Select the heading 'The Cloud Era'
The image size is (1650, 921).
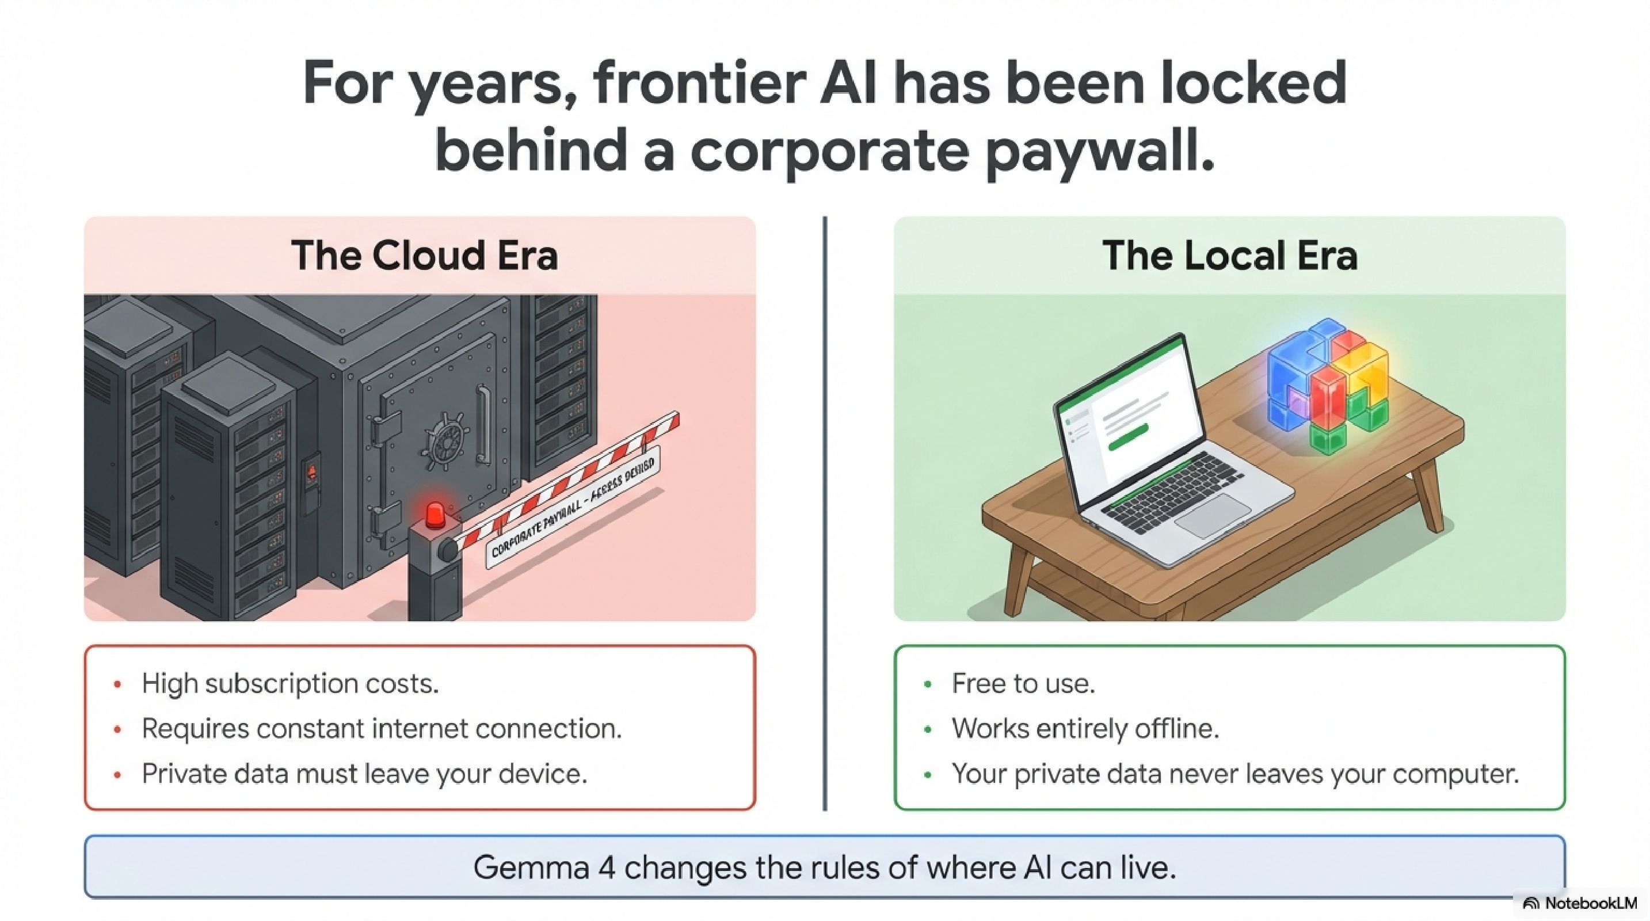pos(424,255)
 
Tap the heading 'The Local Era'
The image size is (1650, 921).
pos(1229,255)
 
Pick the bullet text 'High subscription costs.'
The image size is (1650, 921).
pos(290,683)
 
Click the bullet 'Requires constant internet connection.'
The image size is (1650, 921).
pos(382,728)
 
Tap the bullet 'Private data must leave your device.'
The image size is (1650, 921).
pos(364,774)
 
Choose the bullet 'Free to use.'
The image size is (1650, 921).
pos(1023,683)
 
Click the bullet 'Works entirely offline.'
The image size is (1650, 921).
pos(1085,728)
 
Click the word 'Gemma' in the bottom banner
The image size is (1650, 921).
pos(531,868)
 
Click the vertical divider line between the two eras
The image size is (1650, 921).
pos(825,512)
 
